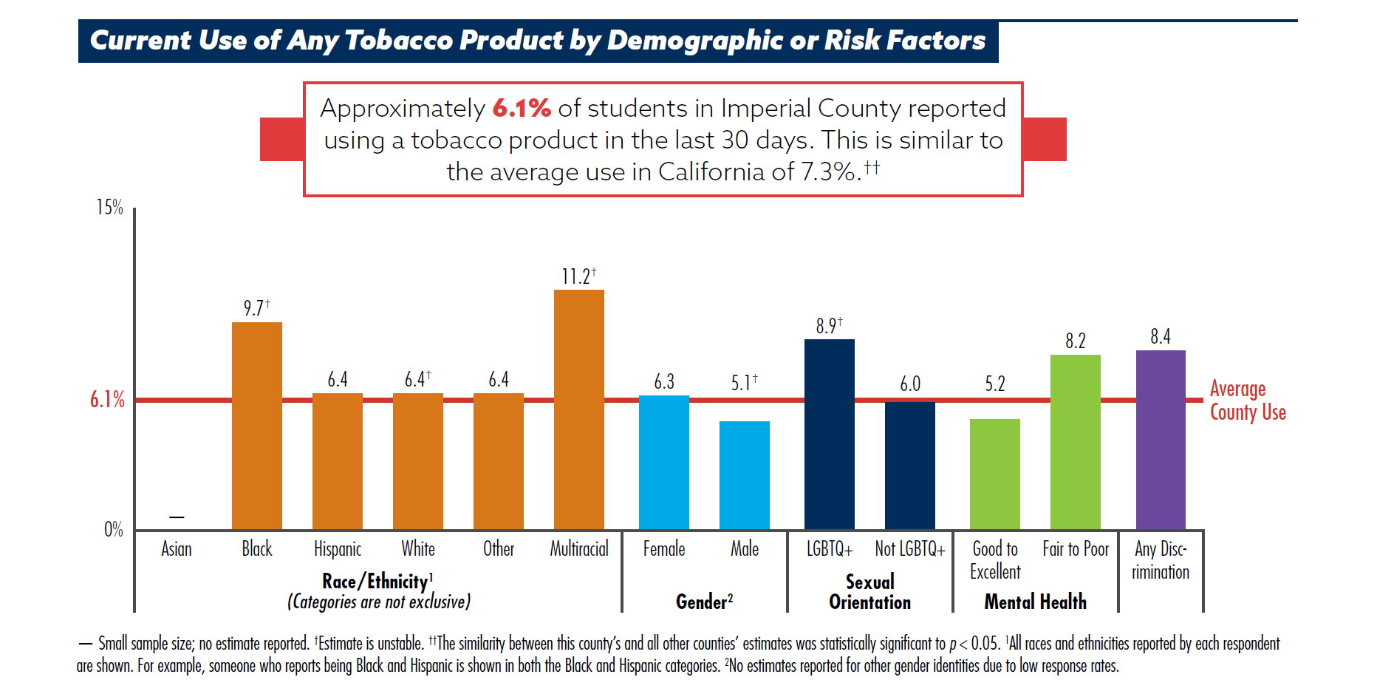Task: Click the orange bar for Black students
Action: [x=256, y=426]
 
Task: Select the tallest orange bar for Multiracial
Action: [x=578, y=409]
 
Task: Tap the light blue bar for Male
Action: [x=744, y=475]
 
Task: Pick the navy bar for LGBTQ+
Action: [x=829, y=434]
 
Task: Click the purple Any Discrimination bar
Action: [x=1160, y=440]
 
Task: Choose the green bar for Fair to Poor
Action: [x=1075, y=442]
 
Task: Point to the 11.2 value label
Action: [x=576, y=276]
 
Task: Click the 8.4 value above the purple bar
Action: [x=1160, y=337]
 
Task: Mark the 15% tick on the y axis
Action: [x=110, y=208]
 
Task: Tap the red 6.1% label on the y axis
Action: [x=107, y=400]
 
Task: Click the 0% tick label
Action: [x=113, y=530]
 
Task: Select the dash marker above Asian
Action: [x=177, y=517]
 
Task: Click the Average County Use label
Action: [x=1247, y=401]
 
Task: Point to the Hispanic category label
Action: [x=337, y=549]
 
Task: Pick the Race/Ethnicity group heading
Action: [x=377, y=582]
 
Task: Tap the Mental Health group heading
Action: [x=1035, y=602]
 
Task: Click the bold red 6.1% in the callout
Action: [x=522, y=109]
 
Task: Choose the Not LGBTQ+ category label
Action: [x=909, y=549]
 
